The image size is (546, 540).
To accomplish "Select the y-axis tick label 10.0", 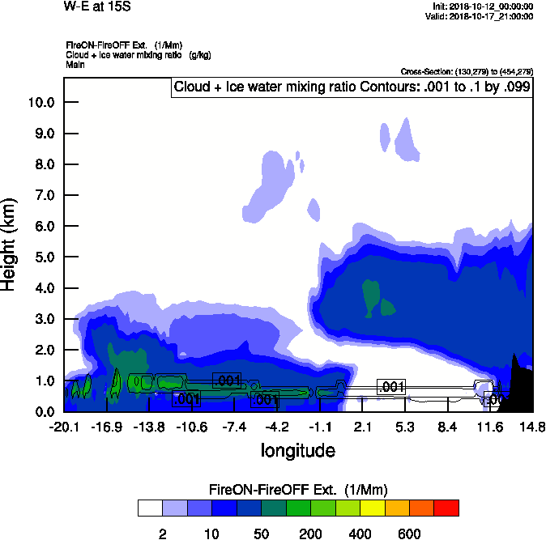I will pyautogui.click(x=40, y=102).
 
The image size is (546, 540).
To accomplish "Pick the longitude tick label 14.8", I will pyautogui.click(x=531, y=427).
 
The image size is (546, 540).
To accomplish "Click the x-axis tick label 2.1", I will pyautogui.click(x=362, y=427).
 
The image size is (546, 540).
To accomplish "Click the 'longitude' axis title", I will pyautogui.click(x=298, y=449).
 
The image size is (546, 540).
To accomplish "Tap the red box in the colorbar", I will pyautogui.click(x=446, y=508).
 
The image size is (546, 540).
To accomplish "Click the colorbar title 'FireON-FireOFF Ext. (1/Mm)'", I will pyautogui.click(x=299, y=490).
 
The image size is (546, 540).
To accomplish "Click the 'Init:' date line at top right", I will pyautogui.click(x=483, y=6).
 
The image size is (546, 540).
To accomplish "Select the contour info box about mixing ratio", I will pyautogui.click(x=352, y=87).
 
